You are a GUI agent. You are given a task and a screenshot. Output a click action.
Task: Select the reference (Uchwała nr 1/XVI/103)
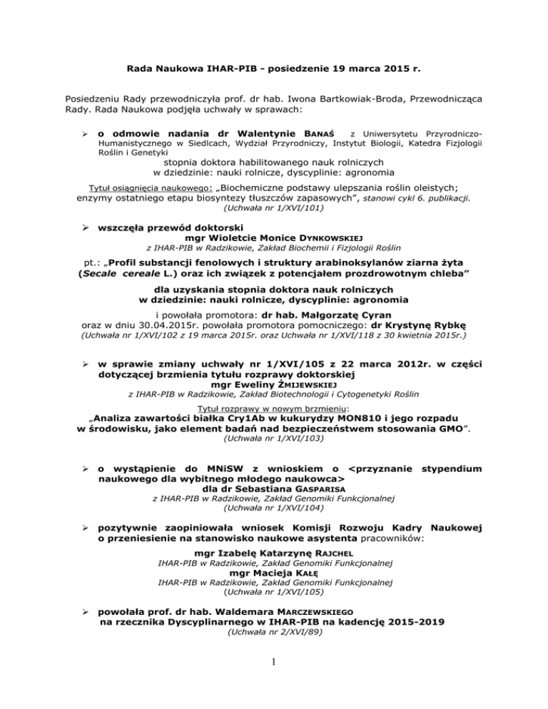(274, 440)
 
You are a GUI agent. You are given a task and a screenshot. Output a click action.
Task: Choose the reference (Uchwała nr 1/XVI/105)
(274, 591)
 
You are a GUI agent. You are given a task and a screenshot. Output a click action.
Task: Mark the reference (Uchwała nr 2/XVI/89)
(274, 634)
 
